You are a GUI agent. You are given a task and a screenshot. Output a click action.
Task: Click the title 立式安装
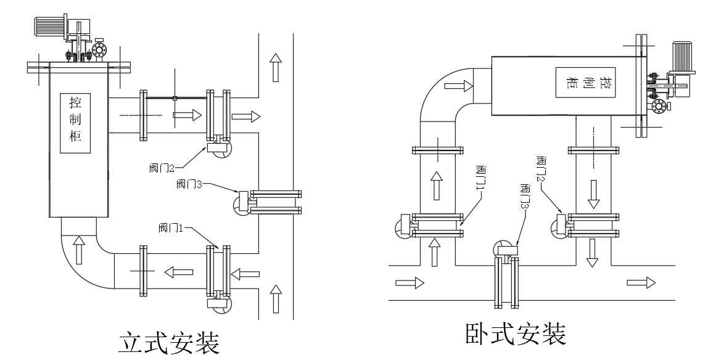(x=168, y=343)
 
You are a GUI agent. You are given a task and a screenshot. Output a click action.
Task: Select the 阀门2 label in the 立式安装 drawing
(x=162, y=167)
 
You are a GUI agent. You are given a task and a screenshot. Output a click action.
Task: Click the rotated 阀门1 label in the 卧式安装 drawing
(x=480, y=178)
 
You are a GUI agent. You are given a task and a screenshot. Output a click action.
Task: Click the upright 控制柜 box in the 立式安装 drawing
(x=76, y=123)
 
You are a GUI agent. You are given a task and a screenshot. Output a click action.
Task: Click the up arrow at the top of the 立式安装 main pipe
(x=276, y=66)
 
